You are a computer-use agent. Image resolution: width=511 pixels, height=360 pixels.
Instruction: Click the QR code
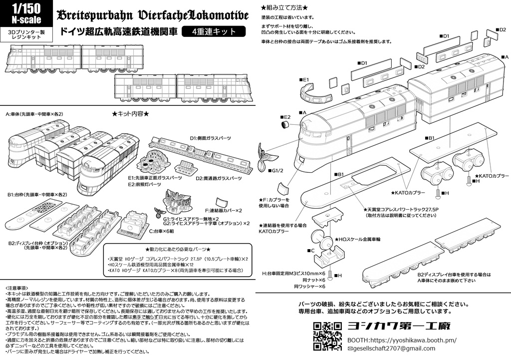327,336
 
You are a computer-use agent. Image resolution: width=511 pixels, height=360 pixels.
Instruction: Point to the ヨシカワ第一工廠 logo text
399,327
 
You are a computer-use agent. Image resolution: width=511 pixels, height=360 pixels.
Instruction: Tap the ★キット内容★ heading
130,114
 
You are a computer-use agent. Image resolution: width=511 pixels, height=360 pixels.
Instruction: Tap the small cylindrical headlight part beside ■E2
286,123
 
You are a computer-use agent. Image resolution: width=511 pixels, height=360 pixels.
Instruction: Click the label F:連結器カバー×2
223,210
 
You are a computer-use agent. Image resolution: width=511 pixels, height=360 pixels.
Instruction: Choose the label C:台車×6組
163,231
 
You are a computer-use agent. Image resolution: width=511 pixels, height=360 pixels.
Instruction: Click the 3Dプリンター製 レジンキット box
24,34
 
